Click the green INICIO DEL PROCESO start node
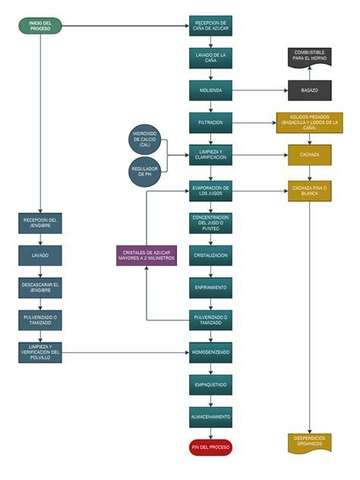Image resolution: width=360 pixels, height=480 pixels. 40,27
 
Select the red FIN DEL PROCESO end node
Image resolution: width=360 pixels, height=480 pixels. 210,447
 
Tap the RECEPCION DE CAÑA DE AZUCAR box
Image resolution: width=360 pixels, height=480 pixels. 210,27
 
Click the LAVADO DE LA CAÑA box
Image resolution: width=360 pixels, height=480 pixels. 210,58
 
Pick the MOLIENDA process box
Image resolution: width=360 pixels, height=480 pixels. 210,90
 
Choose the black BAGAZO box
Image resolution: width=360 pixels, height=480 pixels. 309,90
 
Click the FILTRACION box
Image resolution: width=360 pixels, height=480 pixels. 210,122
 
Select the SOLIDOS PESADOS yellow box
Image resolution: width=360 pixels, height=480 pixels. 309,122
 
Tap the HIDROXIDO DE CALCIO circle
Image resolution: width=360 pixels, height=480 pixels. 146,139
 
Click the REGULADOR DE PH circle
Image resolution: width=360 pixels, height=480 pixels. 146,171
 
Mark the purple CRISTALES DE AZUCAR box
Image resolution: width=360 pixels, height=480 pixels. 146,255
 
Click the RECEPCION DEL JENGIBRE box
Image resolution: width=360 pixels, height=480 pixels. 40,223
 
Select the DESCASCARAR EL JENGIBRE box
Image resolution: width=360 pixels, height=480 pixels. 40,287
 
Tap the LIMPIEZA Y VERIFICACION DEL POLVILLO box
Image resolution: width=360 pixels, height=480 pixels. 40,352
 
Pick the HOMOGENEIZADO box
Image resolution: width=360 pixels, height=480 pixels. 210,352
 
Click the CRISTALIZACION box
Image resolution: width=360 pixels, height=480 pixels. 210,255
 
